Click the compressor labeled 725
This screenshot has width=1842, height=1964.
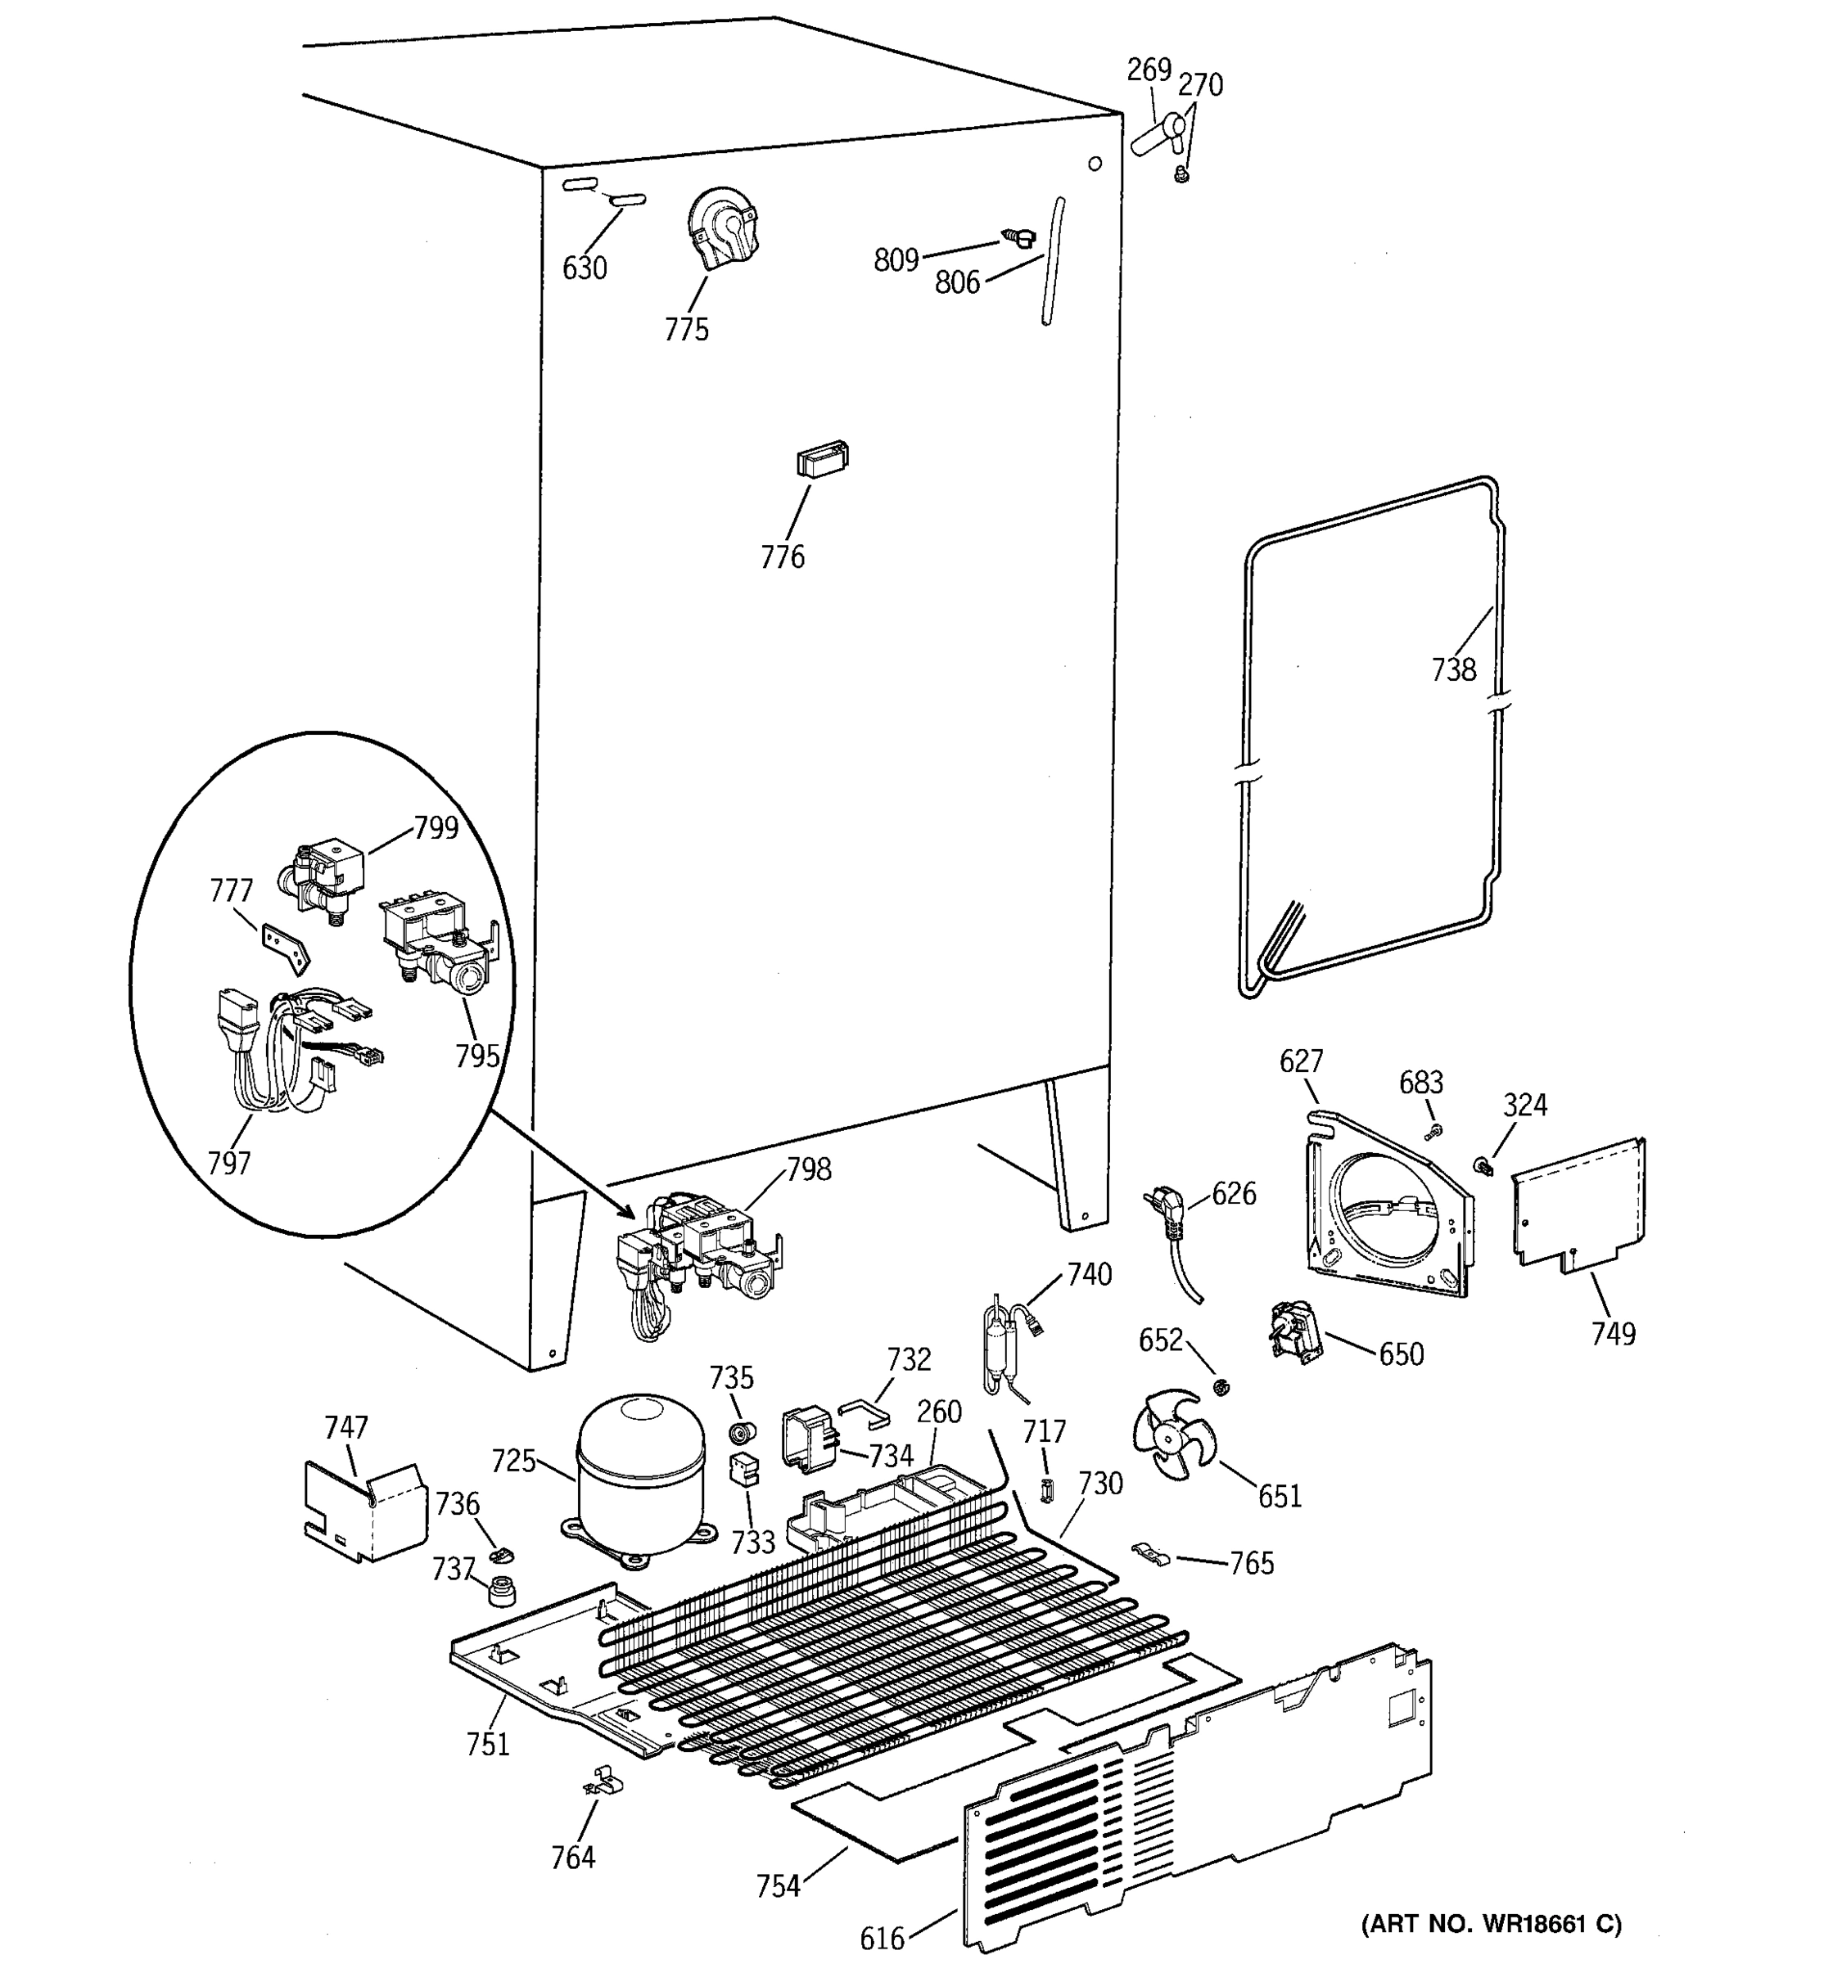(640, 1476)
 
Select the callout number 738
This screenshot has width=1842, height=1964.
(1454, 670)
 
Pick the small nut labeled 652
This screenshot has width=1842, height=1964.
(1221, 1387)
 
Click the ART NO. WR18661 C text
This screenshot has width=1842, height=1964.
(1491, 1924)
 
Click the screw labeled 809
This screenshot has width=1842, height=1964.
(1017, 237)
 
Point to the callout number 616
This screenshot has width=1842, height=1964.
(882, 1939)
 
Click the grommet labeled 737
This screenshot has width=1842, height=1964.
(504, 1592)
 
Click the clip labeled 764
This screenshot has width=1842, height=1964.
(604, 1782)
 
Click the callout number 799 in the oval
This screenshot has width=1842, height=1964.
(436, 828)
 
